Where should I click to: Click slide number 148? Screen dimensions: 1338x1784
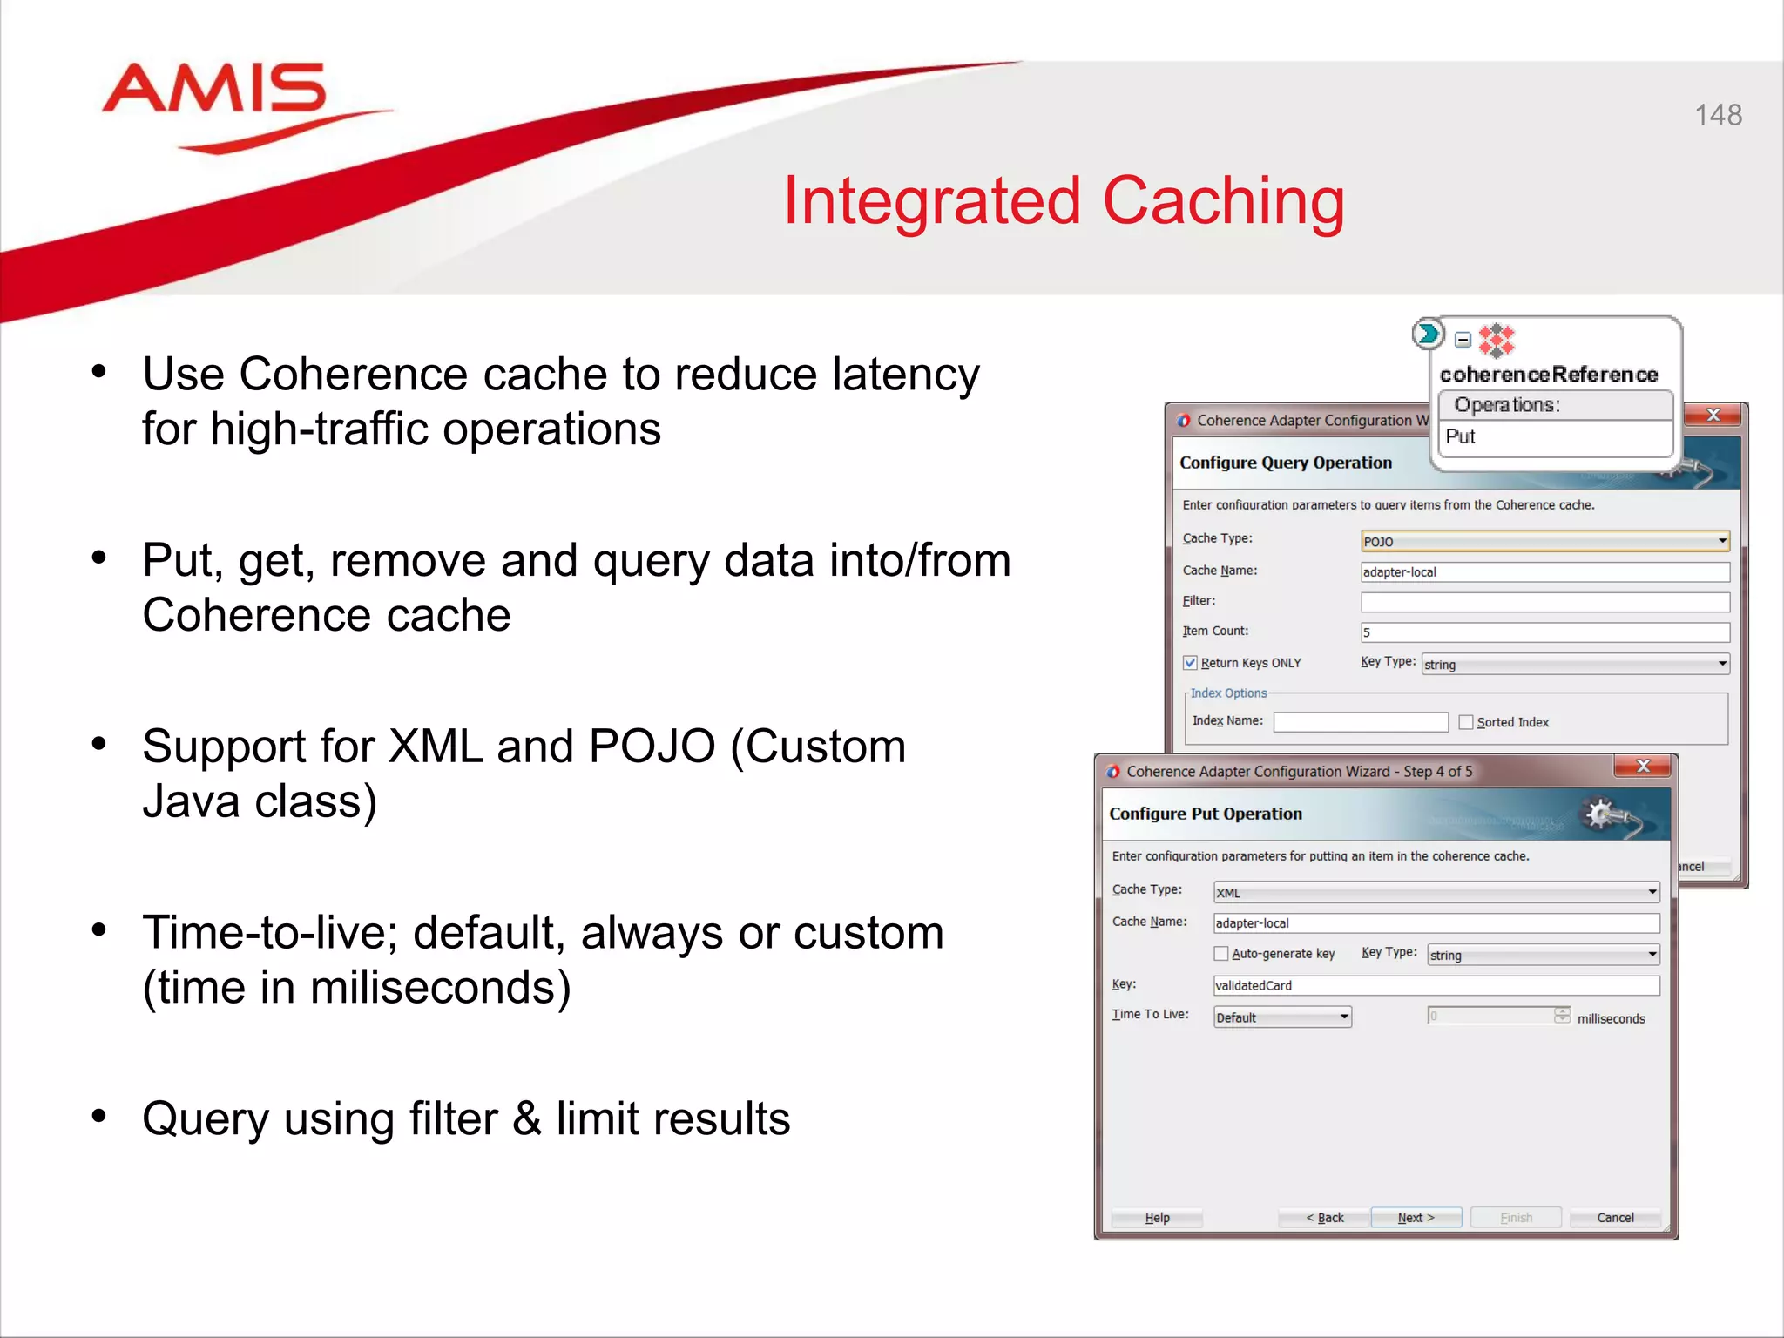tap(1717, 115)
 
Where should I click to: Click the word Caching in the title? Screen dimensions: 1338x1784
tap(1223, 202)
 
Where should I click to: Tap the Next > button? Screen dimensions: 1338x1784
tap(1416, 1217)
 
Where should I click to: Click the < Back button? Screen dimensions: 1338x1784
tap(1324, 1217)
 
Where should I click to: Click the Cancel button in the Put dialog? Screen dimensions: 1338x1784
tap(1614, 1217)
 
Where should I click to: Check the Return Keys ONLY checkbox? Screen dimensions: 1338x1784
tap(1190, 663)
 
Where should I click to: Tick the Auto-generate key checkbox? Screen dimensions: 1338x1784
tap(1221, 954)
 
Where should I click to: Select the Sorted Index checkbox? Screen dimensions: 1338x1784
tap(1466, 722)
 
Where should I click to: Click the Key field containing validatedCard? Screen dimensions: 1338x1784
tap(1436, 985)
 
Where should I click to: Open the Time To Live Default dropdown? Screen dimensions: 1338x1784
tap(1282, 1017)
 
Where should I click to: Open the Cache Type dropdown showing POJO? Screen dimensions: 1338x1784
tap(1544, 541)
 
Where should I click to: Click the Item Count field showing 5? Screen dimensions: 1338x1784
tap(1544, 632)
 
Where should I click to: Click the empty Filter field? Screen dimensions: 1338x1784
tap(1544, 602)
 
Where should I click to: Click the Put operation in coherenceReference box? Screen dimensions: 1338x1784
tap(1461, 436)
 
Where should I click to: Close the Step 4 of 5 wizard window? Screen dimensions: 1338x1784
tap(1643, 766)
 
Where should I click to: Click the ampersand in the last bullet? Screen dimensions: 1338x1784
tap(526, 1119)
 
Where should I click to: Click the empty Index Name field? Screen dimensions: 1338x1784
tap(1360, 722)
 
